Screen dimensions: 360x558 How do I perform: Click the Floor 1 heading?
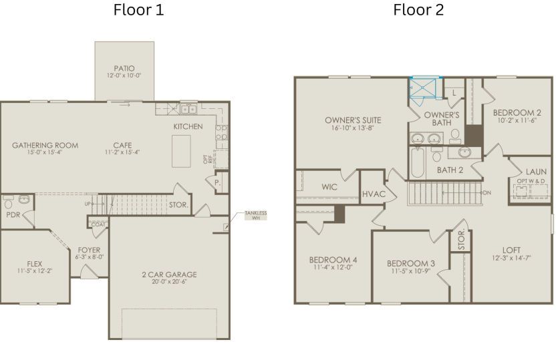(x=138, y=10)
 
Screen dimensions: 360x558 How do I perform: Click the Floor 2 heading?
(x=418, y=10)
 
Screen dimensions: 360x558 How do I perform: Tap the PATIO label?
(x=124, y=68)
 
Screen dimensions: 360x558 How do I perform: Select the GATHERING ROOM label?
(x=45, y=145)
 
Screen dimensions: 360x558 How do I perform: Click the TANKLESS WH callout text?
(x=255, y=215)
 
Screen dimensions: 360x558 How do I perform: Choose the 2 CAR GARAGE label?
(x=169, y=275)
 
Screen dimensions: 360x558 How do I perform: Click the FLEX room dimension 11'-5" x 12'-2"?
(x=34, y=271)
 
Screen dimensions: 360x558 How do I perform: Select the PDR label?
(x=13, y=215)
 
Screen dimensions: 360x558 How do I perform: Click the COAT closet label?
(x=98, y=224)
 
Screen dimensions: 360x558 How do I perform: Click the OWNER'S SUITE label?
(x=353, y=120)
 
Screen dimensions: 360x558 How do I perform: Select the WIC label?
(x=329, y=187)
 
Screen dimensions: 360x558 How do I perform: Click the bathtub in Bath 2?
(x=417, y=162)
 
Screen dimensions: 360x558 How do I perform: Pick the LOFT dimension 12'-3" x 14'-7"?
(x=511, y=258)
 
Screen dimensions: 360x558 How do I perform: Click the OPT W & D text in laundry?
(x=531, y=180)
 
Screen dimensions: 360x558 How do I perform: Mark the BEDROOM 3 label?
(x=410, y=263)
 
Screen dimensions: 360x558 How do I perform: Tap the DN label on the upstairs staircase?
(x=486, y=192)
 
